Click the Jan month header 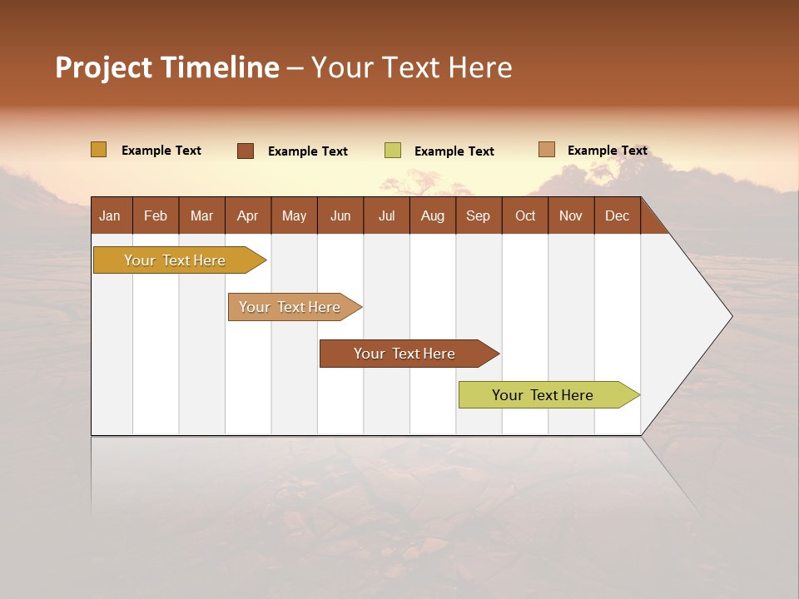[110, 215]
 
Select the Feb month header [156, 215]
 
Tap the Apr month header [247, 215]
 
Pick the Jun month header [340, 215]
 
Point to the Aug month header [432, 215]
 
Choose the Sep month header [478, 215]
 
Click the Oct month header [525, 215]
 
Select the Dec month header [617, 215]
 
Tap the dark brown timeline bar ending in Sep [405, 354]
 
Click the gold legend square [98, 150]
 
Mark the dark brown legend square [245, 151]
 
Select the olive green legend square [392, 151]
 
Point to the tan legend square [546, 150]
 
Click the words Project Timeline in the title [166, 67]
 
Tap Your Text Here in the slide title [411, 67]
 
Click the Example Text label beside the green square [454, 151]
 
